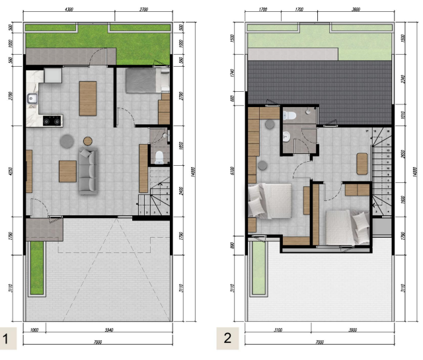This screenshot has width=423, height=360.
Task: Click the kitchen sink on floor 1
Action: click(32, 100)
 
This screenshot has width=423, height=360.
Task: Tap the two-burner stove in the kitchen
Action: click(51, 121)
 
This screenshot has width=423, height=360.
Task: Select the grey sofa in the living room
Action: click(88, 171)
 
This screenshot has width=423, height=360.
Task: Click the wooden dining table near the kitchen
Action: click(87, 98)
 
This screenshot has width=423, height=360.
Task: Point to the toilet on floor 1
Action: click(159, 157)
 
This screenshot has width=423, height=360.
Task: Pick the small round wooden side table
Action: click(87, 140)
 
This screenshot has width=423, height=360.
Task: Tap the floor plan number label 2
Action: click(227, 339)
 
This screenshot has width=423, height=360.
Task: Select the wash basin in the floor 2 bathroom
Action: click(286, 137)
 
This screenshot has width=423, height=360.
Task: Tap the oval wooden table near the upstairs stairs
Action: click(362, 163)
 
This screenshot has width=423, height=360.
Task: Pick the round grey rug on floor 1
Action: click(67, 140)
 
